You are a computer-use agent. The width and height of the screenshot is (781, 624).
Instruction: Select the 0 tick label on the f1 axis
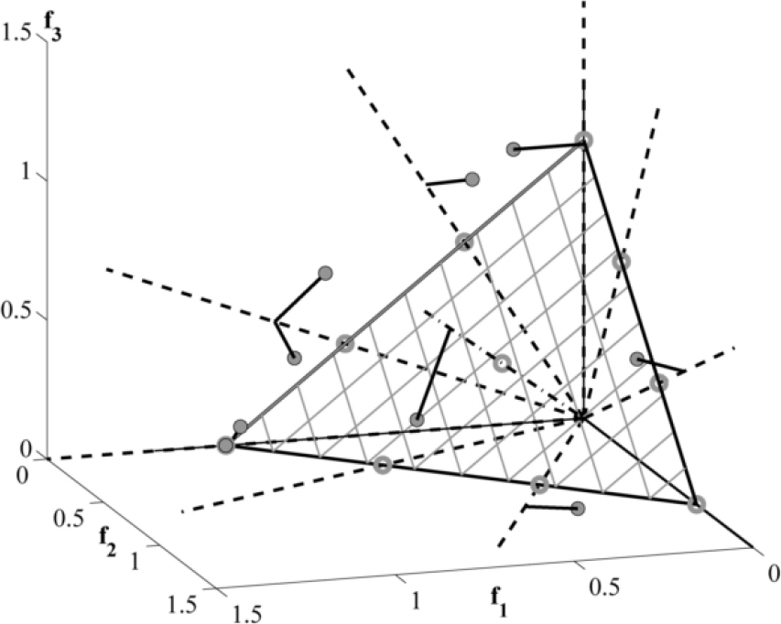[772, 572]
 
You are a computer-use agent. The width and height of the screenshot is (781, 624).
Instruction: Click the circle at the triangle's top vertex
[583, 140]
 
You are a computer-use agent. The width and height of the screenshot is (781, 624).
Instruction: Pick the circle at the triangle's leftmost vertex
[226, 445]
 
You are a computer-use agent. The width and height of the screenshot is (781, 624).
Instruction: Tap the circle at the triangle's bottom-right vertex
[696, 503]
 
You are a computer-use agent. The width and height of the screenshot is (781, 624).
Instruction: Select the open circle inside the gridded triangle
[501, 362]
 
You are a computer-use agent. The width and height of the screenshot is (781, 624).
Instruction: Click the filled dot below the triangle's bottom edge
[578, 508]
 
